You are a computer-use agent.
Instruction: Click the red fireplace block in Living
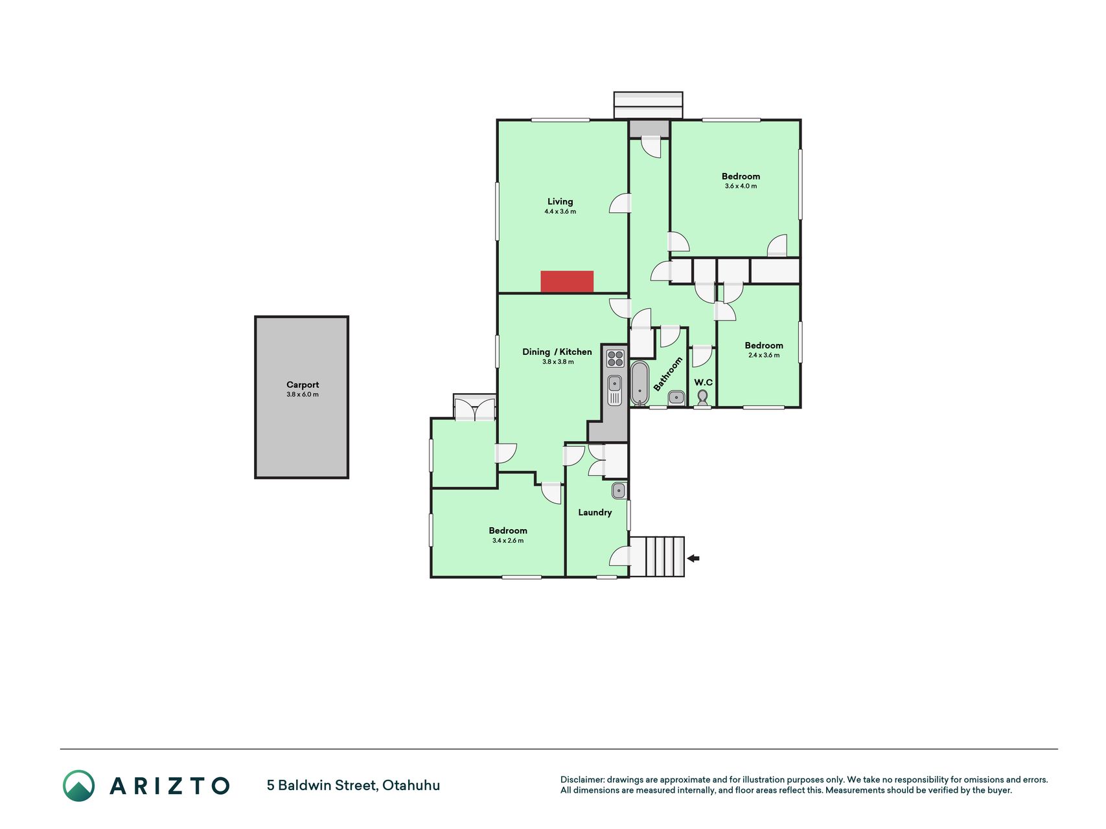(x=567, y=281)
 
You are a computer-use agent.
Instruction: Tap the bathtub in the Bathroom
(x=639, y=383)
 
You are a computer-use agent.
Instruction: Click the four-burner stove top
(x=615, y=358)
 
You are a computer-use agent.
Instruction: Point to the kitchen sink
(x=615, y=390)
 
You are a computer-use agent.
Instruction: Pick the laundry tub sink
(x=619, y=490)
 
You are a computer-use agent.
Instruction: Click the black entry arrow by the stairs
(x=693, y=558)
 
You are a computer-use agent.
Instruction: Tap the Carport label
(x=303, y=385)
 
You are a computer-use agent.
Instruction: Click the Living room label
(x=560, y=201)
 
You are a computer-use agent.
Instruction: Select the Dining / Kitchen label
(x=557, y=352)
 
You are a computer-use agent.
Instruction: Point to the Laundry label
(x=595, y=512)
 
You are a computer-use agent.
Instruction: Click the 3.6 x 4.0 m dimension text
(x=741, y=186)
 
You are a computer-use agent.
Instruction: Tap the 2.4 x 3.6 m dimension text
(x=764, y=355)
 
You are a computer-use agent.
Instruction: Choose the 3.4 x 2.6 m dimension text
(x=508, y=540)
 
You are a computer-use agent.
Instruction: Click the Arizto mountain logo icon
(x=78, y=786)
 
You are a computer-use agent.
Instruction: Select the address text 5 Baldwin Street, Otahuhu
(x=353, y=786)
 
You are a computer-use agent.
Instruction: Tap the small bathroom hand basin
(x=676, y=398)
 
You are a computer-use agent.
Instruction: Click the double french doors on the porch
(x=474, y=410)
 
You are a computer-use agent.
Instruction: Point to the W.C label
(x=704, y=382)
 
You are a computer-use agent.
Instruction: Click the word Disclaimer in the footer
(x=582, y=780)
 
